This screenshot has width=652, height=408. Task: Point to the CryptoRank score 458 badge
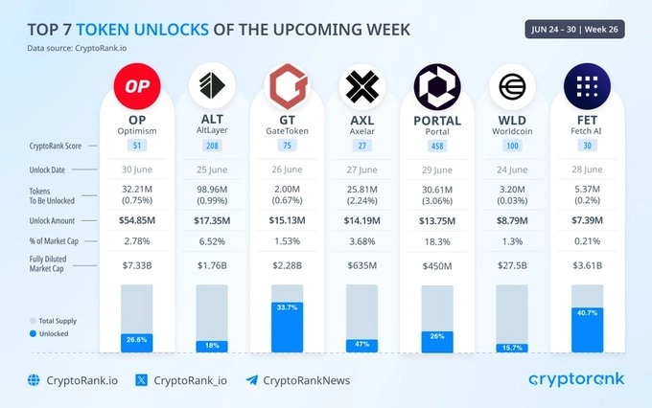pos(435,145)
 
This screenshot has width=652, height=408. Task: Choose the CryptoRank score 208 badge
pos(213,145)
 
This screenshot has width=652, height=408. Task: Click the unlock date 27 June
pos(361,170)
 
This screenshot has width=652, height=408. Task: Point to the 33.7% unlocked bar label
pos(287,307)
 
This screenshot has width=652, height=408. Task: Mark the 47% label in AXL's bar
pos(361,342)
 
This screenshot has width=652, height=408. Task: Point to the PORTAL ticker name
pos(435,121)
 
